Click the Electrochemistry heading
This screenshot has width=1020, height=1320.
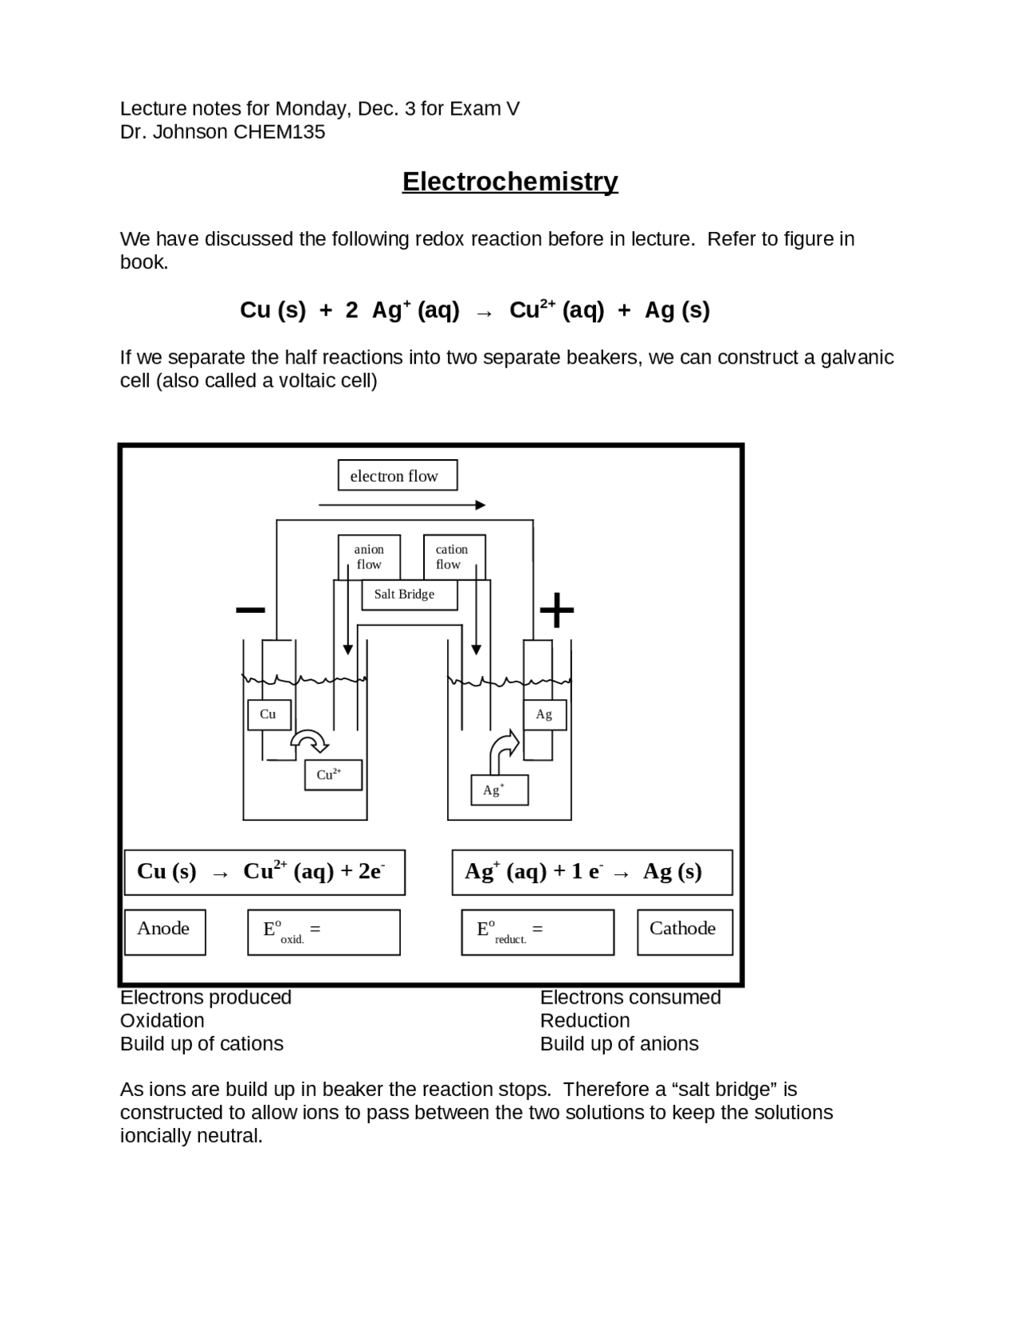click(510, 182)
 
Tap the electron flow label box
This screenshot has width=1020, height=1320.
click(397, 476)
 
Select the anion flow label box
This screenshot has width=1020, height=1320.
click(369, 556)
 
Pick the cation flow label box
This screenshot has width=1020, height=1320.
click(453, 556)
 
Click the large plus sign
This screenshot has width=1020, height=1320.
click(557, 611)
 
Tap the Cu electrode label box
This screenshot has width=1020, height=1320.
click(269, 714)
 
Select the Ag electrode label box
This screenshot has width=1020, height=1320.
click(544, 715)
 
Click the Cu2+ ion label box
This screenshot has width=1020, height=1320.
click(333, 775)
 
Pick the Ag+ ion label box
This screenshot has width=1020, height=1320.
click(499, 790)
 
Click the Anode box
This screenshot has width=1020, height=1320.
click(165, 932)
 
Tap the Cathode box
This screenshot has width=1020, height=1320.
click(685, 932)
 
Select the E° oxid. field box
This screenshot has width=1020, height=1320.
click(324, 933)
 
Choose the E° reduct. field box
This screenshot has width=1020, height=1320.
click(537, 933)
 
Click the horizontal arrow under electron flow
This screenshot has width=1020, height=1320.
click(402, 505)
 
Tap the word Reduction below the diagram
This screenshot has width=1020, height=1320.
click(585, 1021)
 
